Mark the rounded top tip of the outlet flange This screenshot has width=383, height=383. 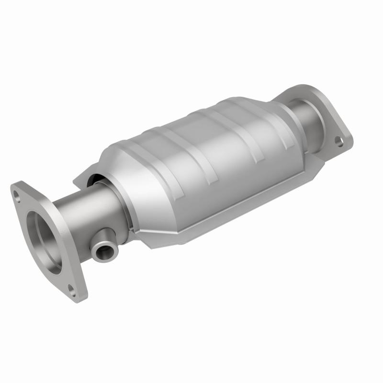(297, 89)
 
